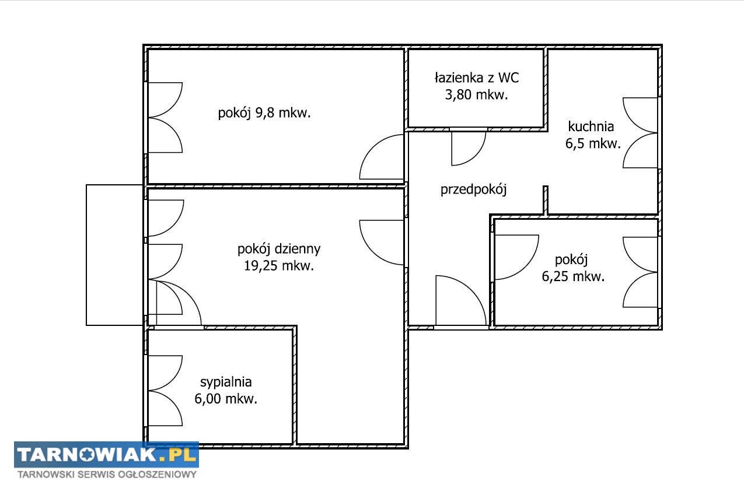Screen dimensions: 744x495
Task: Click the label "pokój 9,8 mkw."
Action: click(264, 113)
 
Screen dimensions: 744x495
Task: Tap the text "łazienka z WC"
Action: click(477, 78)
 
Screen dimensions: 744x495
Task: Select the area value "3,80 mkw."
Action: click(477, 95)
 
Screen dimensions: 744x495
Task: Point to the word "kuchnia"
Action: click(591, 127)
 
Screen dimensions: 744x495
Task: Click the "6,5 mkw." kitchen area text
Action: click(593, 143)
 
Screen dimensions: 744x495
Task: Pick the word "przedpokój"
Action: click(474, 189)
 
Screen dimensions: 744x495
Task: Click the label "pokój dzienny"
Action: click(279, 249)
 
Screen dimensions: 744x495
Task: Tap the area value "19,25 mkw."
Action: click(279, 266)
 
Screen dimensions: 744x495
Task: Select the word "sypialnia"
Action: click(226, 382)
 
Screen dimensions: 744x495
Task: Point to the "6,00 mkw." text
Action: click(226, 399)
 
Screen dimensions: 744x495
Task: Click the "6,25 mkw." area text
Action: click(573, 276)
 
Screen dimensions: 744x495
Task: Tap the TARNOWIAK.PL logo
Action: click(106, 455)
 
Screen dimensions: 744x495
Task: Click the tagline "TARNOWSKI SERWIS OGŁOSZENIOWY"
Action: click(107, 475)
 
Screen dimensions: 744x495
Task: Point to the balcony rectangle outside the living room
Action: click(114, 255)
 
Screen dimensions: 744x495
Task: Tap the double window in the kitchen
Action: click(640, 133)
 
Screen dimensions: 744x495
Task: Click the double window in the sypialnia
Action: click(165, 391)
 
